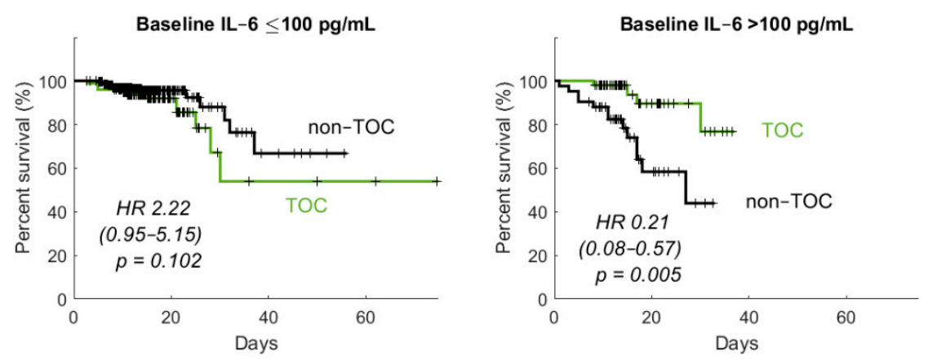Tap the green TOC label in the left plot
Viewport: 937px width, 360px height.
(306, 205)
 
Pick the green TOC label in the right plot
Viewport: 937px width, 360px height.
(783, 130)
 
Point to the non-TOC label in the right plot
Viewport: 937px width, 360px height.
(788, 201)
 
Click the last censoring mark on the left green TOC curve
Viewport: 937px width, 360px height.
(437, 181)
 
